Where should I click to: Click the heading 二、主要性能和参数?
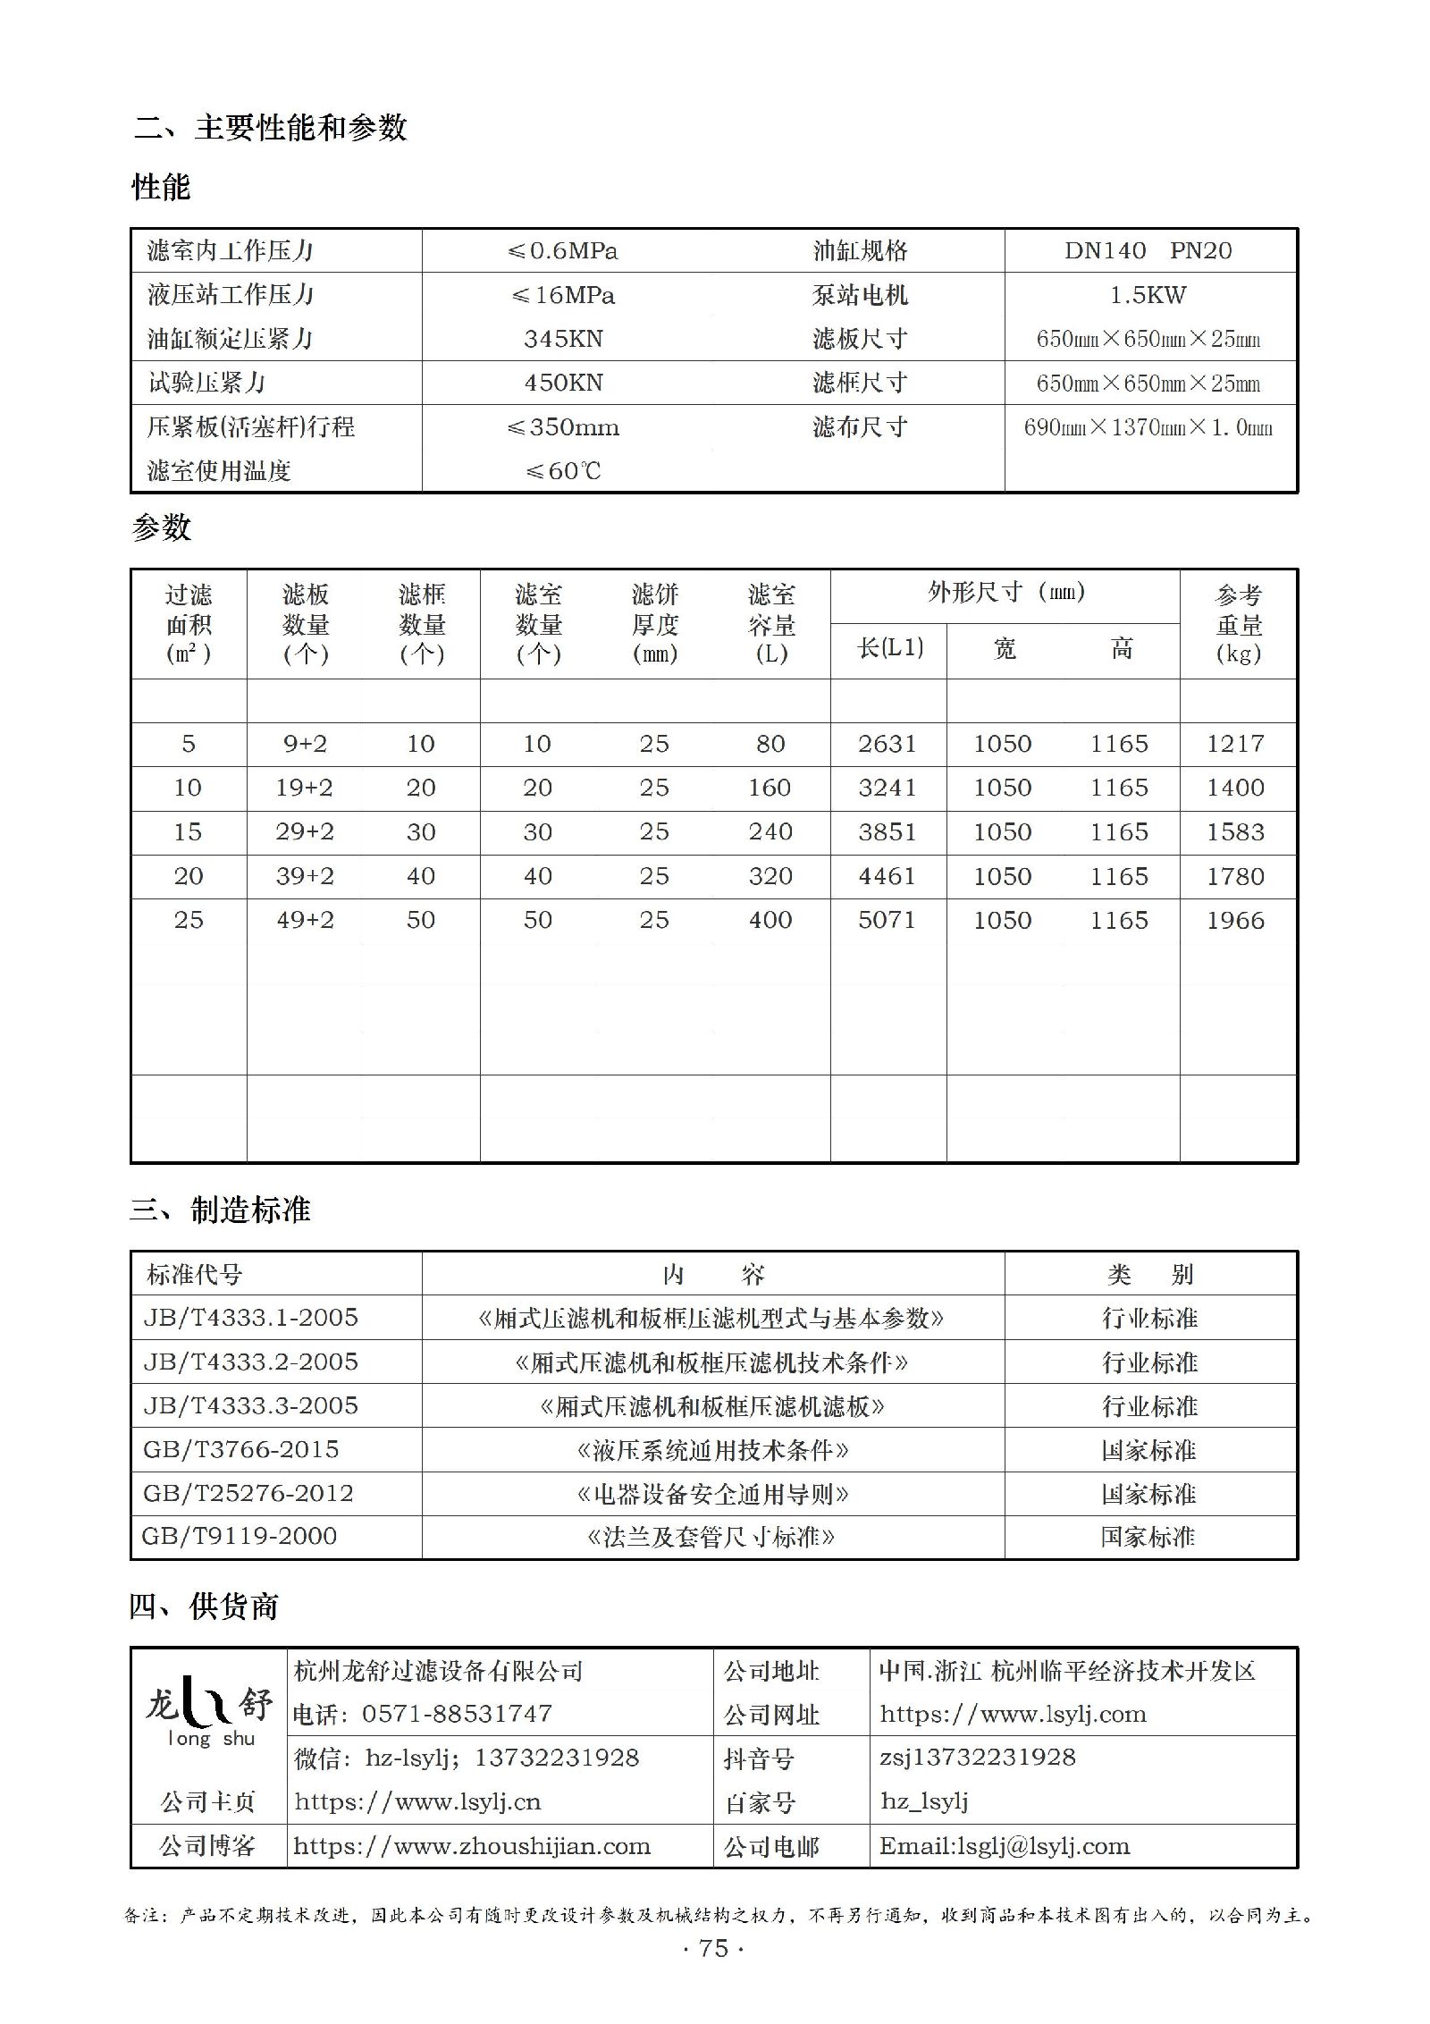270,128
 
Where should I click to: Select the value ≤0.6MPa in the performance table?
563,251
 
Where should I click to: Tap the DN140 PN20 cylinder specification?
1148,251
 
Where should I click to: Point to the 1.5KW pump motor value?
1148,295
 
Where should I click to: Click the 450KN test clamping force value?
563,384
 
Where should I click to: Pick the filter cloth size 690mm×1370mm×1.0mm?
1148,427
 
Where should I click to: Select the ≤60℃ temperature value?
563,471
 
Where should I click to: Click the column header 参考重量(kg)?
1238,624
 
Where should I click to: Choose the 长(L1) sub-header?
889,648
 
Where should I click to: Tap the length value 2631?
887,744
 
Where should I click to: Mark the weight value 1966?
1235,921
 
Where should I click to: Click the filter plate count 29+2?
305,832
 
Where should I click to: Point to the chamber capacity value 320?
770,876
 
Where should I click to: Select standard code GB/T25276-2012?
248,1493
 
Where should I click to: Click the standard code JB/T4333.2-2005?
250,1362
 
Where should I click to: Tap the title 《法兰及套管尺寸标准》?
711,1537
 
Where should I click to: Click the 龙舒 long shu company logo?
209,1710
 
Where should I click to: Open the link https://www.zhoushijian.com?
472,1846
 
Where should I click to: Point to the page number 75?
713,1948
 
